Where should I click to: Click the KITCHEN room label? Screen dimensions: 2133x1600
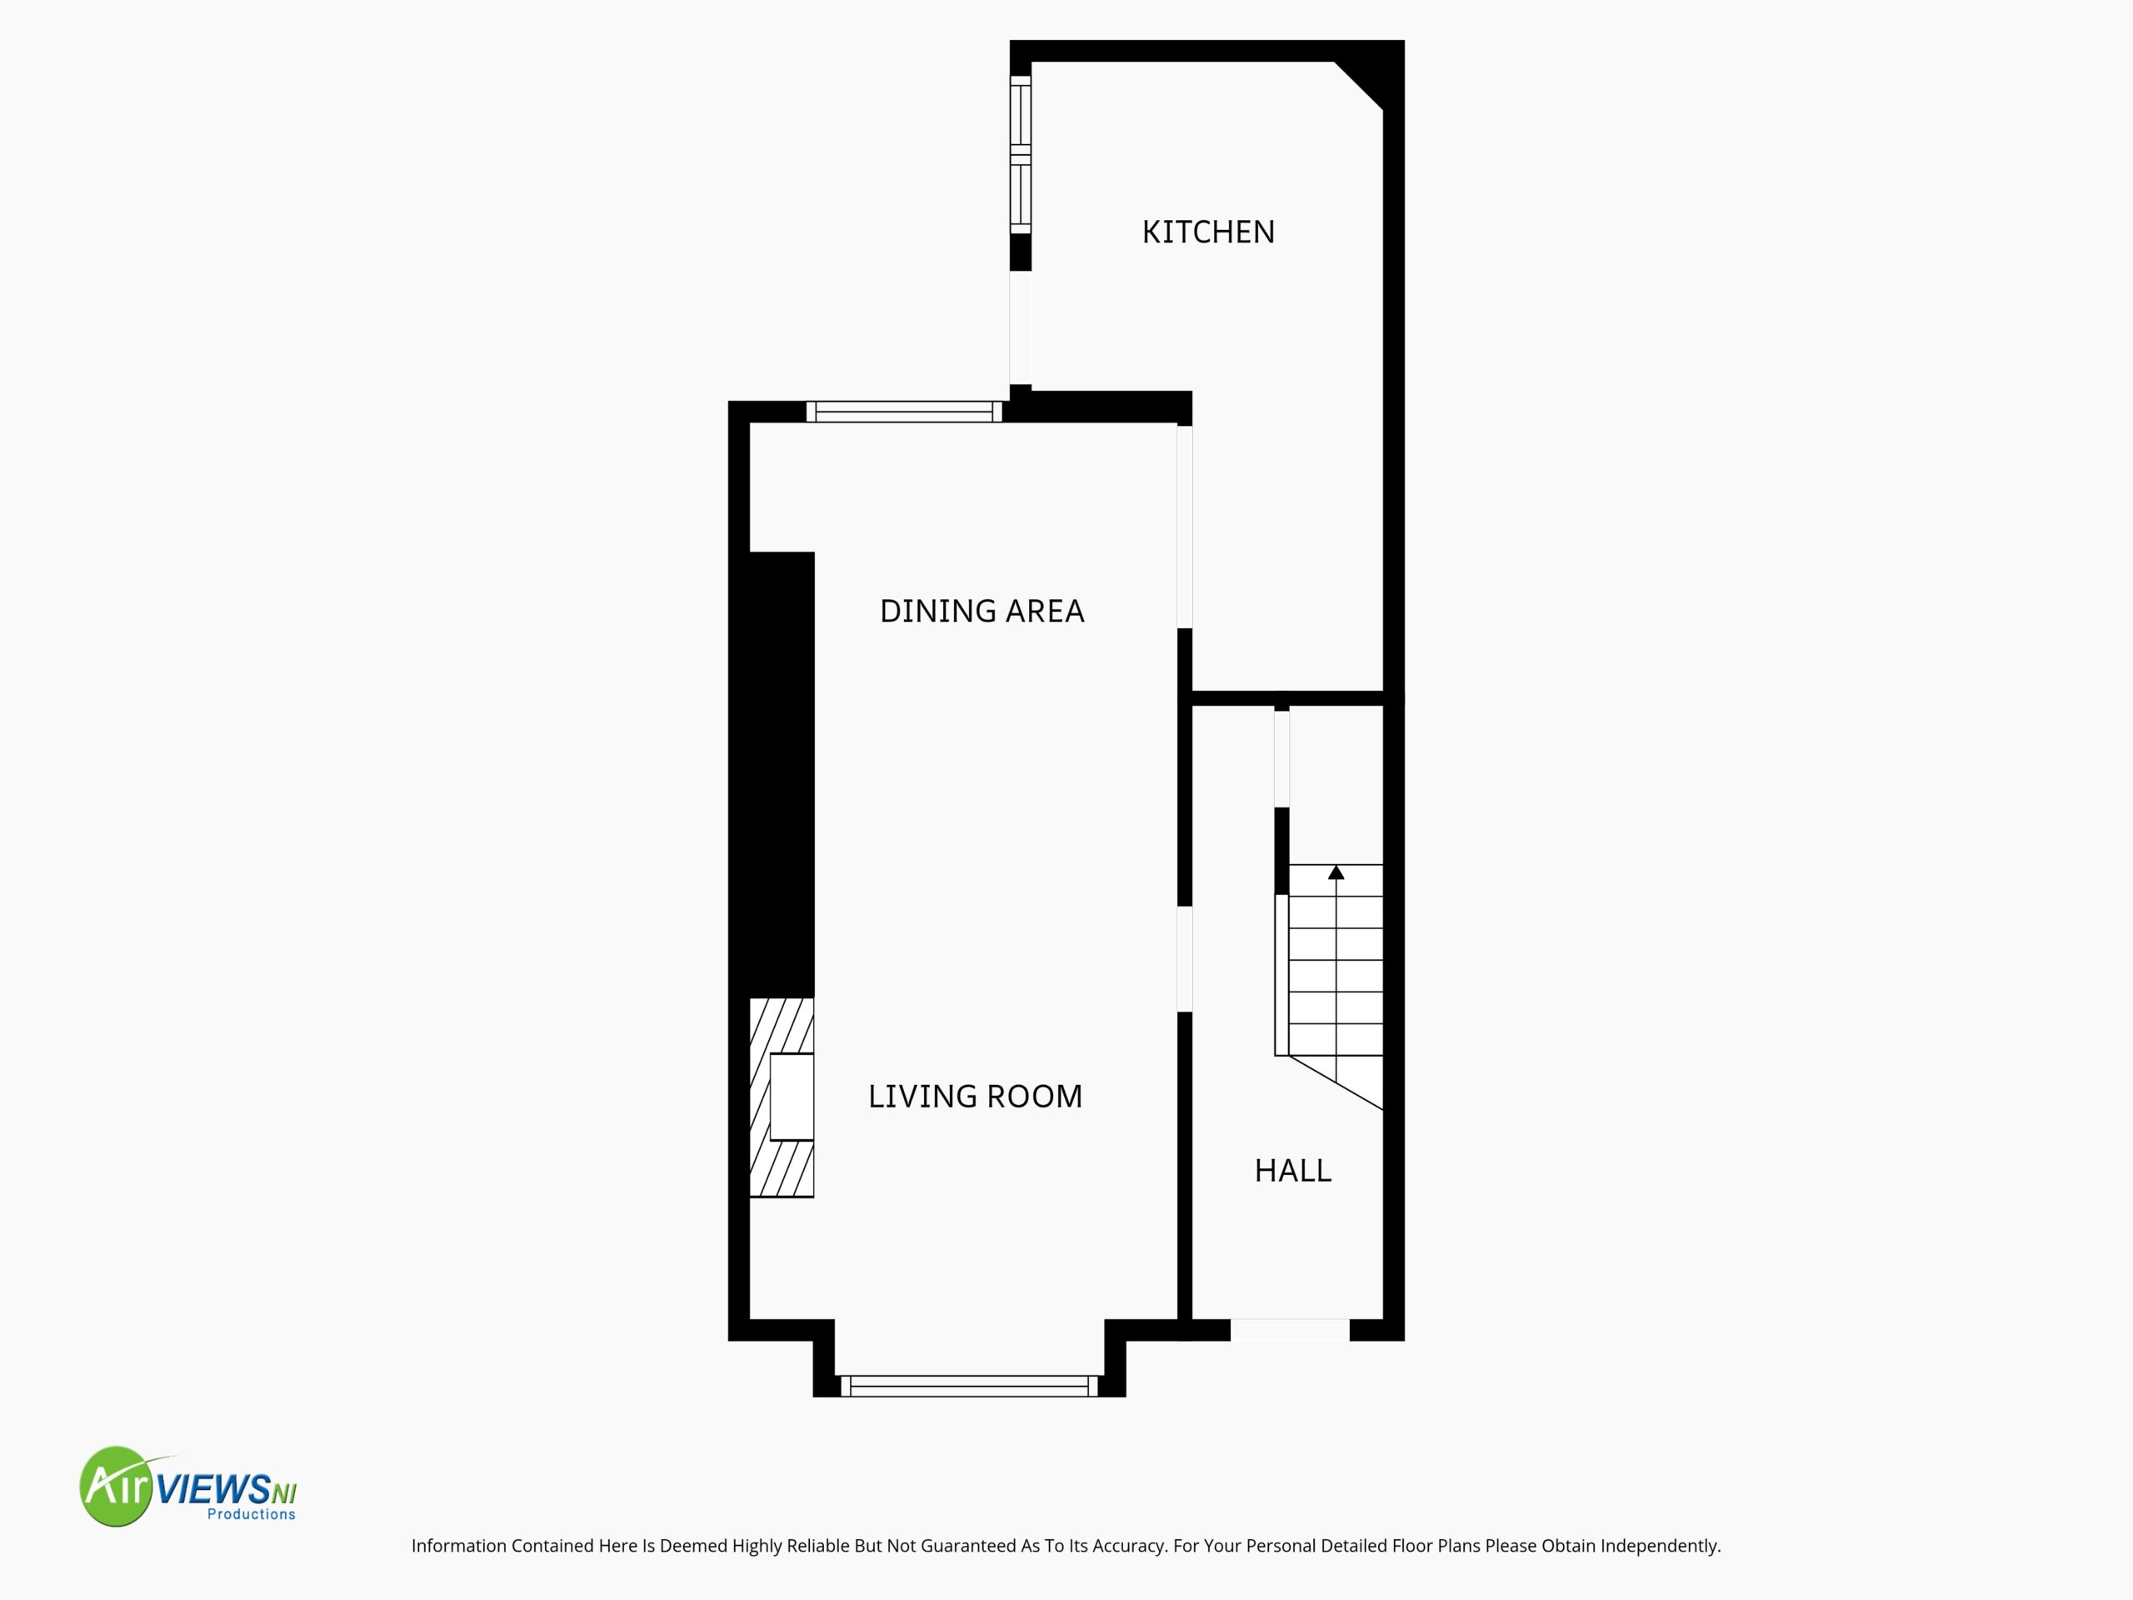[x=1208, y=232]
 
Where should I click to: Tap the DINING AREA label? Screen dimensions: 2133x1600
[x=982, y=612]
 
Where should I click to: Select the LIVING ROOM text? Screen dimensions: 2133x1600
[x=975, y=1097]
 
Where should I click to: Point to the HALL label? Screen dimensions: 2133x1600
[x=1292, y=1171]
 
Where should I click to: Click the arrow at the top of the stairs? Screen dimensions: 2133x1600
[x=1336, y=872]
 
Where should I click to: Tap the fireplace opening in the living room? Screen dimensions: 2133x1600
[x=792, y=1097]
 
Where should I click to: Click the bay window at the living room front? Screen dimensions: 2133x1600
[x=969, y=1386]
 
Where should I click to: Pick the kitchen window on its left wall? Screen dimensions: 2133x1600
[x=1020, y=154]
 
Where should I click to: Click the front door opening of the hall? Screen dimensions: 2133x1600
[x=1290, y=1330]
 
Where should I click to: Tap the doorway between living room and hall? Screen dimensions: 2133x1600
[x=1185, y=958]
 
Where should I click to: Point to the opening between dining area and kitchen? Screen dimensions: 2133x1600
[x=1185, y=527]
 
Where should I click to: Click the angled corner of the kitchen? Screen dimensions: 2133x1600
[x=1360, y=85]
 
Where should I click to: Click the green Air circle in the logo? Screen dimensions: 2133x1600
[x=117, y=1486]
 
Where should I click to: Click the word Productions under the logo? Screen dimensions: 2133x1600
[x=252, y=1514]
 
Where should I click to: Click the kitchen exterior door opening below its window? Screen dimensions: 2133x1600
[x=1020, y=327]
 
